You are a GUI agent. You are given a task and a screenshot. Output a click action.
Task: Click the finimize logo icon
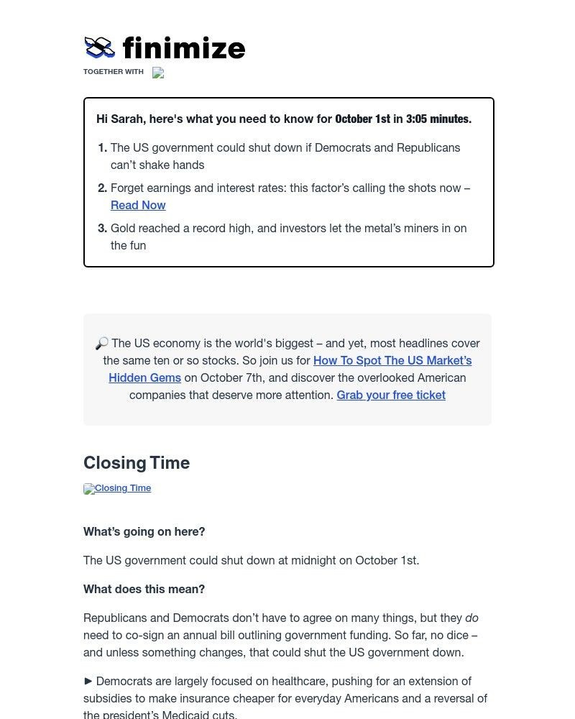pyautogui.click(x=99, y=47)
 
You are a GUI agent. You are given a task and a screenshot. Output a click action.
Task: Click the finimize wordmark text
pyautogui.click(x=184, y=48)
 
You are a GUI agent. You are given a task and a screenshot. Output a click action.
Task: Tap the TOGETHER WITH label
pyautogui.click(x=114, y=72)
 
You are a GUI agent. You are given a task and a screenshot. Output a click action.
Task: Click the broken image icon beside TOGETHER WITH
pyautogui.click(x=158, y=73)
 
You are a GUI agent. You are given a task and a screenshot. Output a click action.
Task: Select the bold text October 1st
pyautogui.click(x=362, y=119)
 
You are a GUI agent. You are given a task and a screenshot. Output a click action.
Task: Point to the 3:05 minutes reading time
pyautogui.click(x=438, y=119)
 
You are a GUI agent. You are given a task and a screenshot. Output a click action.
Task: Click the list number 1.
pyautogui.click(x=102, y=148)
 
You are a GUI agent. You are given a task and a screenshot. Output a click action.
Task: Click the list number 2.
pyautogui.click(x=102, y=188)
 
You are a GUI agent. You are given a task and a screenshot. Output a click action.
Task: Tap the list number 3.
pyautogui.click(x=102, y=229)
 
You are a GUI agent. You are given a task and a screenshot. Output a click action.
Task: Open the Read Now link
pyautogui.click(x=138, y=206)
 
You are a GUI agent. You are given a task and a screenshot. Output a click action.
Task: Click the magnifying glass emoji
pyautogui.click(x=101, y=344)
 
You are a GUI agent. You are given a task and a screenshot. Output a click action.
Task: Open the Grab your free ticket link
pyautogui.click(x=391, y=395)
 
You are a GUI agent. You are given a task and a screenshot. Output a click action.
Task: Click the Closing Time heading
pyautogui.click(x=137, y=463)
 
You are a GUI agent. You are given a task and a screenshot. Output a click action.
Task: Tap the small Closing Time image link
pyautogui.click(x=118, y=489)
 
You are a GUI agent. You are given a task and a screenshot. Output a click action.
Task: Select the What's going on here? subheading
pyautogui.click(x=144, y=532)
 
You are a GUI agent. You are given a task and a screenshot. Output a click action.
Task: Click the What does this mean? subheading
pyautogui.click(x=144, y=590)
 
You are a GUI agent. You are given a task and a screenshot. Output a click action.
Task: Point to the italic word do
pyautogui.click(x=471, y=618)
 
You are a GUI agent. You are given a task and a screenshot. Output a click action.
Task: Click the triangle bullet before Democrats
pyautogui.click(x=88, y=681)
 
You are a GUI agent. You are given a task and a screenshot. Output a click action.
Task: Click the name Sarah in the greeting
pyautogui.click(x=127, y=119)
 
